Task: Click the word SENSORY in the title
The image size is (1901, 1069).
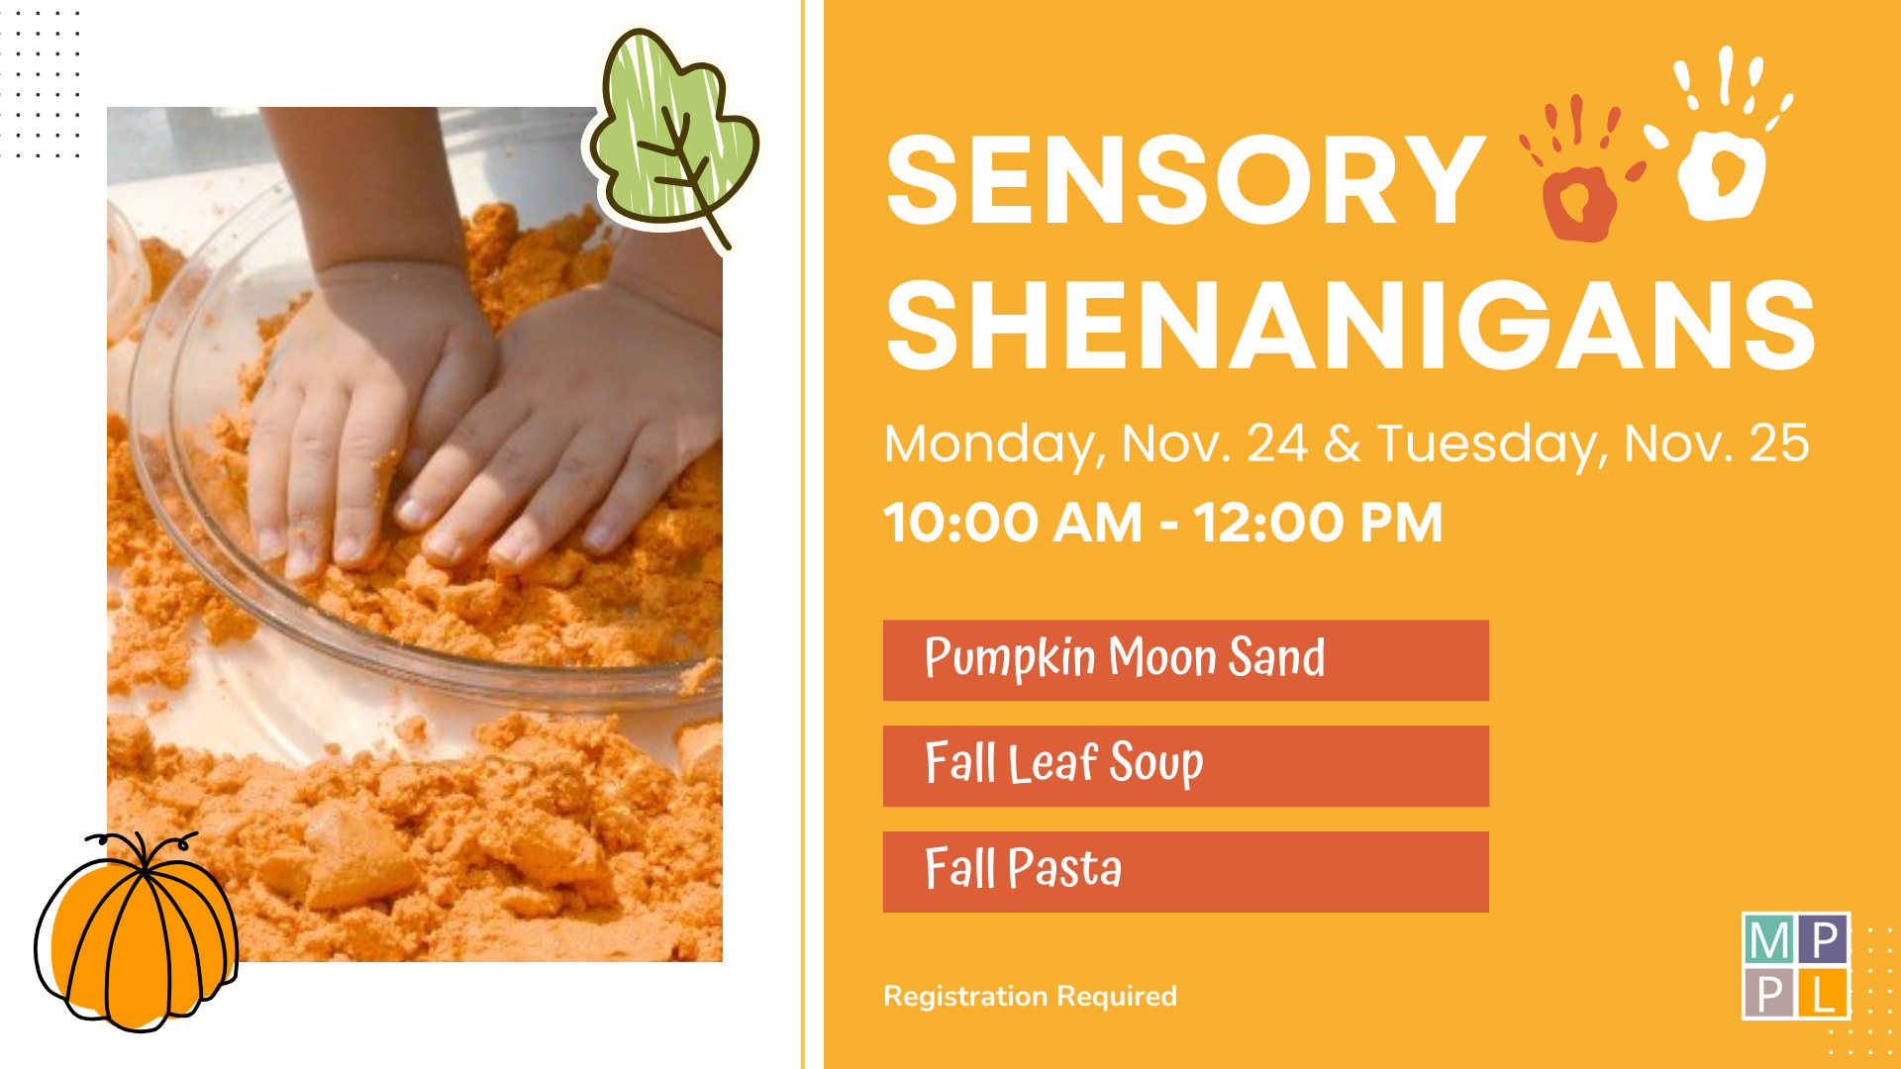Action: click(1185, 181)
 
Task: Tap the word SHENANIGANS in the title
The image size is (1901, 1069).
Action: click(1351, 325)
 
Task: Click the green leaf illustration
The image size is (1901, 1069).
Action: click(673, 134)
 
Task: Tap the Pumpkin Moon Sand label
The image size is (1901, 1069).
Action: click(1125, 658)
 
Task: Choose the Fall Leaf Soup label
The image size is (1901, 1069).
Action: click(1064, 763)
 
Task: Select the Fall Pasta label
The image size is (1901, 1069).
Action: click(1023, 868)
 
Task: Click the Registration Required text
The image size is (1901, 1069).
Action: click(1030, 996)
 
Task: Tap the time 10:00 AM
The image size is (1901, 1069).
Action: click(1013, 523)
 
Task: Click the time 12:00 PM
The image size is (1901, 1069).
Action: click(1318, 523)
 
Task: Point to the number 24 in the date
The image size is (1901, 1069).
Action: click(1277, 443)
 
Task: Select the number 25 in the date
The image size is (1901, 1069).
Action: click(1779, 443)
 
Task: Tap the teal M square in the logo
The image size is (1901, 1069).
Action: click(1769, 938)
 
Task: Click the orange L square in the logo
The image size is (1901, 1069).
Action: click(1823, 993)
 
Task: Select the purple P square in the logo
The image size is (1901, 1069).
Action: click(1823, 938)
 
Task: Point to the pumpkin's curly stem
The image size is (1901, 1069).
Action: click(144, 849)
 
